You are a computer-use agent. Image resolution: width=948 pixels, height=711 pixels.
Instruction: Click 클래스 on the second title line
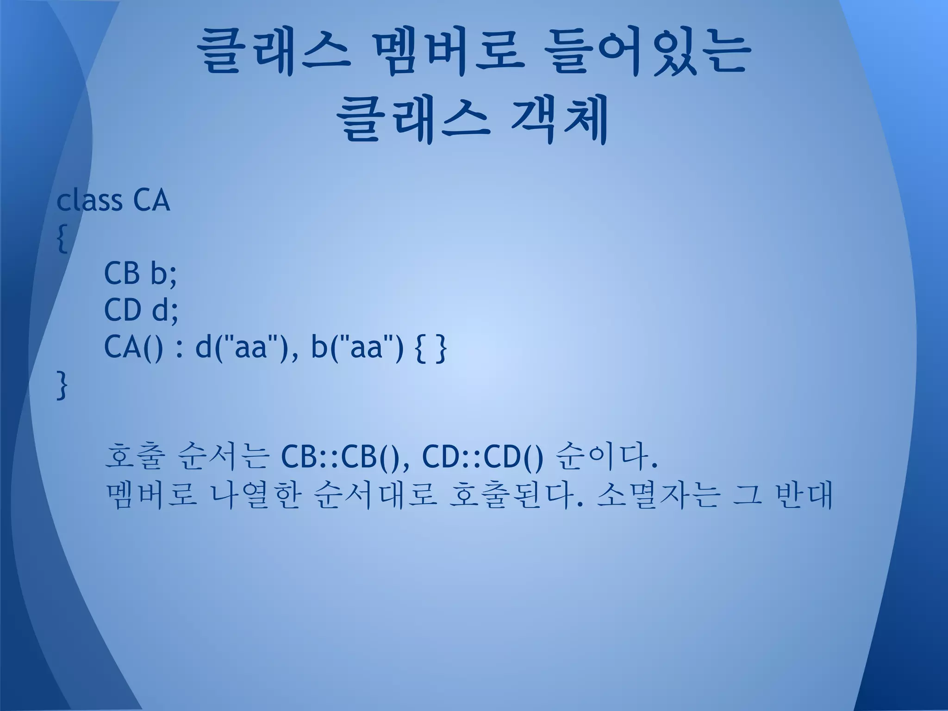pos(413,121)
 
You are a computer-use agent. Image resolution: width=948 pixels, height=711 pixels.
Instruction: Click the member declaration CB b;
pos(140,274)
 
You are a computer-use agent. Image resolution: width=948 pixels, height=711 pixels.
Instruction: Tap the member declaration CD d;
pos(141,310)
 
